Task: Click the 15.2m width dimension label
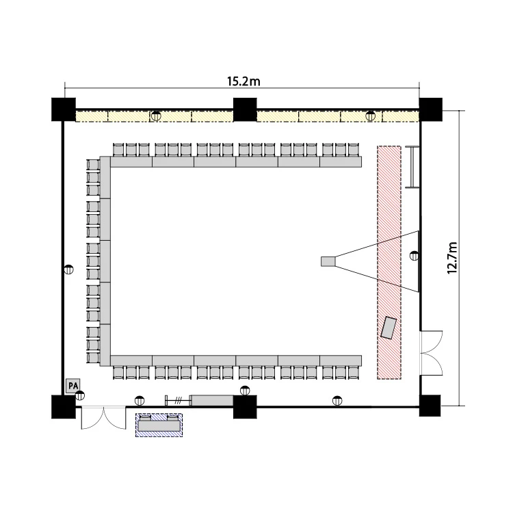[x=244, y=81]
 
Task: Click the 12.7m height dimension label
[x=452, y=258]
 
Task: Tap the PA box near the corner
[x=73, y=386]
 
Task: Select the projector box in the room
[x=328, y=261]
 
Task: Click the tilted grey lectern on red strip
[x=389, y=328]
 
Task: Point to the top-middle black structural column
[x=245, y=109]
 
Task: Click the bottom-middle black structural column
[x=245, y=407]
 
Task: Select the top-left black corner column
[x=64, y=109]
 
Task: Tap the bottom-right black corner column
[x=430, y=406]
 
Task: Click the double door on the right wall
[x=431, y=353]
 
